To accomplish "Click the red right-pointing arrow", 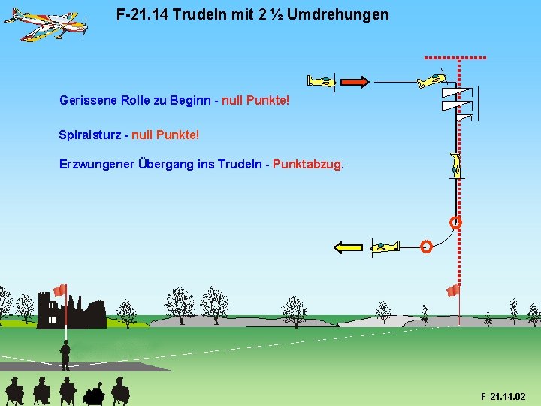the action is tap(353, 81).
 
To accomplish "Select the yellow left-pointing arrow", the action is tap(348, 247).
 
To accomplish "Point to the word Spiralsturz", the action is tap(89, 135).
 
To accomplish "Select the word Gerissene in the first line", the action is tap(86, 99).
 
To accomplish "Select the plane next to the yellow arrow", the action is tap(385, 246).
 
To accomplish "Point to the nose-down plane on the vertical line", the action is tap(455, 165).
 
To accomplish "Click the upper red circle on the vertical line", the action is tap(455, 223).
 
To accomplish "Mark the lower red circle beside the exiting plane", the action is tap(425, 247).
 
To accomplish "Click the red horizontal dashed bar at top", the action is tap(455, 57).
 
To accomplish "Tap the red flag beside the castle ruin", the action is tap(60, 290).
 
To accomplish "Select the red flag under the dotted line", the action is tap(452, 290).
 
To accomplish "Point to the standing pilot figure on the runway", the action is tap(65, 355).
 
